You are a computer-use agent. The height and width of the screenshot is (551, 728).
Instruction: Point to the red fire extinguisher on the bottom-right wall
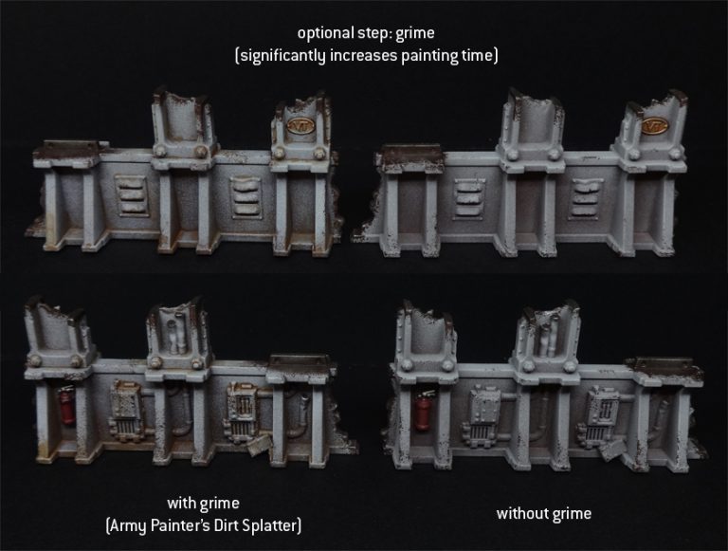[423, 413]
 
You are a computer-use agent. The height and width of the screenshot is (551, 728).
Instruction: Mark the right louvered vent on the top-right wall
[584, 194]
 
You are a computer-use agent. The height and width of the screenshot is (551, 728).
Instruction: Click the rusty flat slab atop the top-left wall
[64, 148]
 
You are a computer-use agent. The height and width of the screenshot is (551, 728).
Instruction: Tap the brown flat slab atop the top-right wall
[409, 153]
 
